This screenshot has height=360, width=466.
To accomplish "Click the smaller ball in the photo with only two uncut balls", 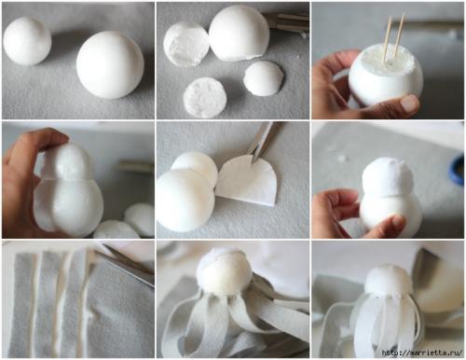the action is click(x=27, y=41).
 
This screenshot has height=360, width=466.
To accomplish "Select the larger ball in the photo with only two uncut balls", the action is click(x=110, y=65).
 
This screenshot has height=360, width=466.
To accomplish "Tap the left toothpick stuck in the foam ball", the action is click(x=387, y=39).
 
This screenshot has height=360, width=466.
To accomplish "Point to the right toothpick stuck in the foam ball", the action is click(x=399, y=35).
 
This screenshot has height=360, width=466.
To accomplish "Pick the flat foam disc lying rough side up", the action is click(x=205, y=98).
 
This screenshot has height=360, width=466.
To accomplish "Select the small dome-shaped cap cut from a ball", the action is click(x=264, y=78).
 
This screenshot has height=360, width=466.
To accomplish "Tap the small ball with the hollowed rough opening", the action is click(x=185, y=44).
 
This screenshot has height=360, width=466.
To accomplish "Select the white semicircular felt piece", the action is click(x=247, y=181).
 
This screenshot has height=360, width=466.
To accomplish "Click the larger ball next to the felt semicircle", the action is click(x=185, y=200).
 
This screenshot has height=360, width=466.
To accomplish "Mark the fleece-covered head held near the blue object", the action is click(x=388, y=176).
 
